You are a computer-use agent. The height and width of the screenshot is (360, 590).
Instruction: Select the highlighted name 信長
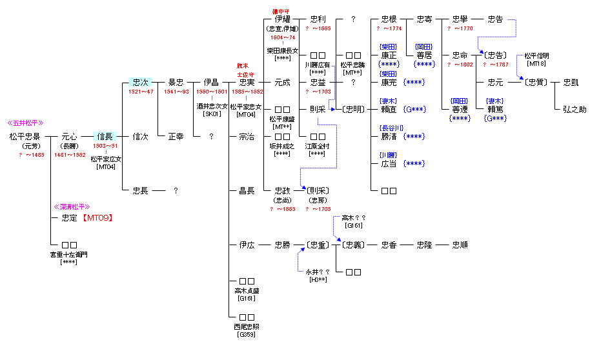pyautogui.click(x=105, y=137)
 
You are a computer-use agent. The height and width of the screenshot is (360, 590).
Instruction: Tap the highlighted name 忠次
pyautogui.click(x=140, y=83)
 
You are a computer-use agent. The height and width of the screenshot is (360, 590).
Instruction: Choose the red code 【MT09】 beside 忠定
pyautogui.click(x=97, y=218)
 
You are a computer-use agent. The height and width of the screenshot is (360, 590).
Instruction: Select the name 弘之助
pyautogui.click(x=573, y=110)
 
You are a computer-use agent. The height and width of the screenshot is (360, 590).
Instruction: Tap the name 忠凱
pyautogui.click(x=571, y=83)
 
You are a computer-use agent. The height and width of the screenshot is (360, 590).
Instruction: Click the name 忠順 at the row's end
pyautogui.click(x=460, y=245)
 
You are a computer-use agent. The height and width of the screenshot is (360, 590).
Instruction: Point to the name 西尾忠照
pyautogui.click(x=247, y=326)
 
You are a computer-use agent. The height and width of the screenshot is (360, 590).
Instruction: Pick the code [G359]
pyautogui.click(x=247, y=335)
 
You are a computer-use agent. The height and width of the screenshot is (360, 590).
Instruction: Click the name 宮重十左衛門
pyautogui.click(x=69, y=254)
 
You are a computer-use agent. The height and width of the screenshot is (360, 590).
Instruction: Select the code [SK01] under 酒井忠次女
pyautogui.click(x=212, y=114)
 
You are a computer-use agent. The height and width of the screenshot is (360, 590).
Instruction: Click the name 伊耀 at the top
pyautogui.click(x=282, y=19)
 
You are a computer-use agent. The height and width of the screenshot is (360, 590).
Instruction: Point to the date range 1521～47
pyautogui.click(x=140, y=92)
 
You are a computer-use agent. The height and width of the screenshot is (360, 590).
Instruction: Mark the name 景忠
pyautogui.click(x=176, y=83)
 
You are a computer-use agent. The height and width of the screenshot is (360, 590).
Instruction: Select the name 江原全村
pyautogui.click(x=318, y=146)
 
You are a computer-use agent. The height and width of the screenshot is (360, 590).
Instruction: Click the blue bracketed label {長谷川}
pyautogui.click(x=391, y=128)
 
